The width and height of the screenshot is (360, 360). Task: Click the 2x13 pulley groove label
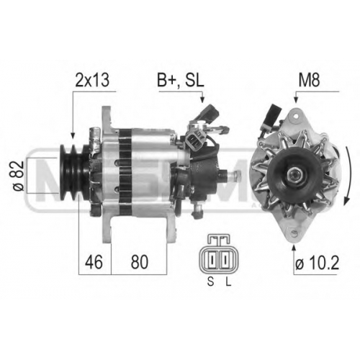pos(92,80)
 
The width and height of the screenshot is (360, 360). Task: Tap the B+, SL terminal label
pos(181,80)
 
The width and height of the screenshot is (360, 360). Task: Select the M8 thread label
pos(309,80)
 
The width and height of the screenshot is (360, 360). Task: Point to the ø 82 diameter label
pos(19,176)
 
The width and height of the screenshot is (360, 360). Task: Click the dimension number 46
pos(94,262)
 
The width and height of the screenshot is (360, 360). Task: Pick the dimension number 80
pos(140,262)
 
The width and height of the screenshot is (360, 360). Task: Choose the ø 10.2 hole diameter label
pos(317,263)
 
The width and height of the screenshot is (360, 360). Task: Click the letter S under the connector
pos(210,282)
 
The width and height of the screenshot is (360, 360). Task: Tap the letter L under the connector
pos(228,282)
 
